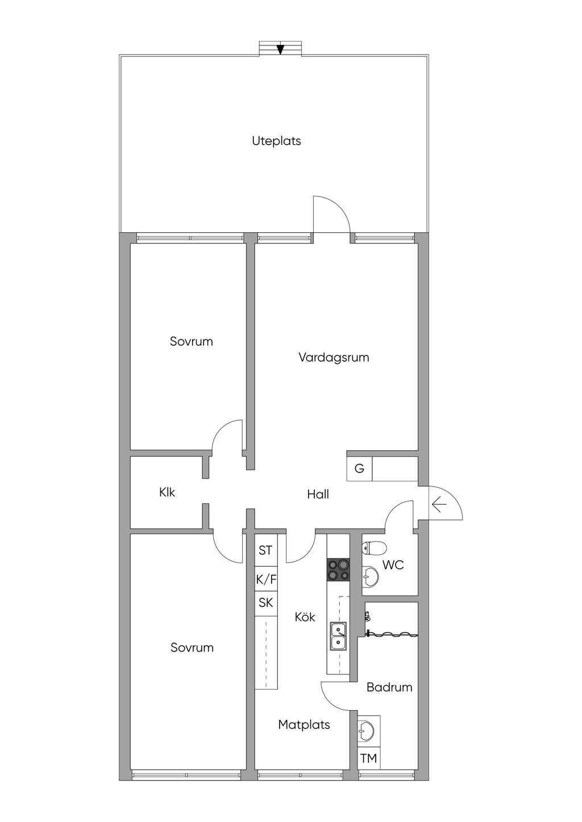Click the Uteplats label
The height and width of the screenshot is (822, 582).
[276, 141]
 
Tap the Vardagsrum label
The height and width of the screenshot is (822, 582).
[334, 358]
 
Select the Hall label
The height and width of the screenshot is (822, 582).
[318, 494]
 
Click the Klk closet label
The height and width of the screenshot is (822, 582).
[167, 492]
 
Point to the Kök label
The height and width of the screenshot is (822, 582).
[305, 617]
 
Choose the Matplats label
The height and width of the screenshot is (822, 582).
[304, 725]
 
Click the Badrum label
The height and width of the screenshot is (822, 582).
[389, 687]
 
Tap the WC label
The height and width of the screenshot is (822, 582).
[393, 565]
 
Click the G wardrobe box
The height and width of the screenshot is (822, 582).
[359, 469]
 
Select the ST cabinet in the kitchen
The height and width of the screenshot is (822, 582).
[265, 550]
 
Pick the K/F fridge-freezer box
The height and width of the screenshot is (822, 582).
[266, 580]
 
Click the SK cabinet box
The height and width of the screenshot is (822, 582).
[266, 603]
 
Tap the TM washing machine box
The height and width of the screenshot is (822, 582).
[369, 758]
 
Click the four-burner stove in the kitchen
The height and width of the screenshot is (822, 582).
[338, 570]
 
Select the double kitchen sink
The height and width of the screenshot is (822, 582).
[338, 636]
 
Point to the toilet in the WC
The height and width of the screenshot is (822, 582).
[375, 548]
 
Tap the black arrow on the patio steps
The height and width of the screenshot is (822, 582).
[280, 49]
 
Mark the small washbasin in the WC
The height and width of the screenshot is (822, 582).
[371, 577]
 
